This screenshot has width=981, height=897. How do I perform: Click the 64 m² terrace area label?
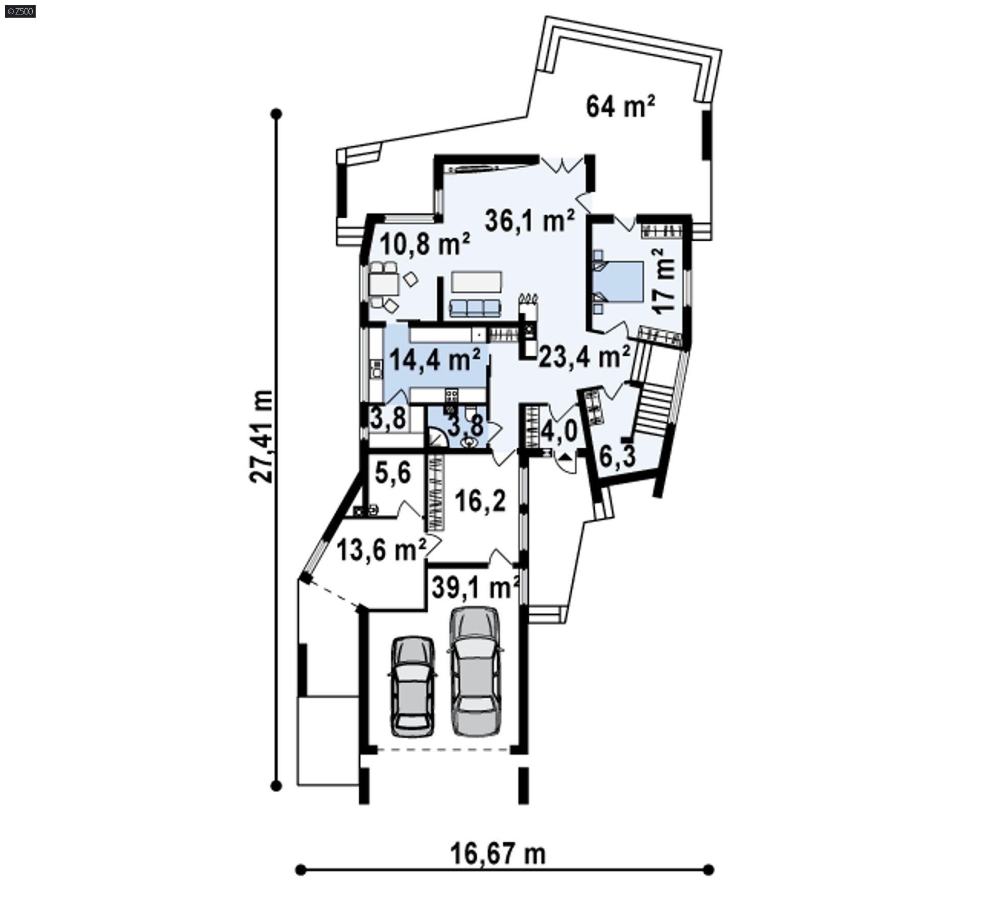[x=620, y=107]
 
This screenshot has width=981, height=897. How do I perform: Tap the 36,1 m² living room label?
[x=529, y=222]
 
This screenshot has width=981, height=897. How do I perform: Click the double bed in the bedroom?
[x=618, y=281]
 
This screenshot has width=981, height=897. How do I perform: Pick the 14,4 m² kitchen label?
[x=435, y=360]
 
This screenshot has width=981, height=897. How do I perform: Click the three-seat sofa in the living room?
[x=475, y=308]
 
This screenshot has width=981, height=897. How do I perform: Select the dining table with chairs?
[x=384, y=284]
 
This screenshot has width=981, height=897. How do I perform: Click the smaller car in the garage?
[x=413, y=686]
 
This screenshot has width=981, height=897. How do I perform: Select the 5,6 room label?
[x=392, y=473]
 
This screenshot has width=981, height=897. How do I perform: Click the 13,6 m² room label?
[x=381, y=551]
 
